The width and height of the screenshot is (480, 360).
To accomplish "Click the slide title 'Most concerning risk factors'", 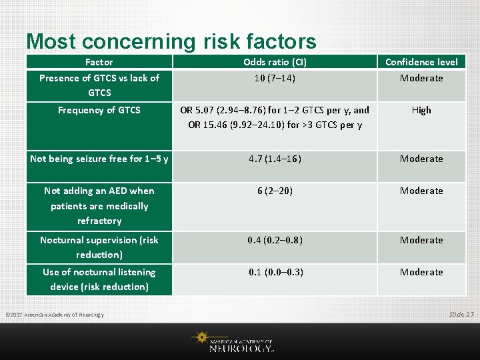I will (171, 41).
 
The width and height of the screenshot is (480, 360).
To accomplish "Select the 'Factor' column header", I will (99, 62).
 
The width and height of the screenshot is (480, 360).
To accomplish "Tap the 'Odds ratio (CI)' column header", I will (275, 62).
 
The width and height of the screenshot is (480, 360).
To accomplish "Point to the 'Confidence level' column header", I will (421, 62).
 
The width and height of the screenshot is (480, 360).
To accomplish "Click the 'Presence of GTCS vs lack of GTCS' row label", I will (99, 85).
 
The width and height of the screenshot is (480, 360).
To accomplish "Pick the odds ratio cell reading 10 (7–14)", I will (275, 78).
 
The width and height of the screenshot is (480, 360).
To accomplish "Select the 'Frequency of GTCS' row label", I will (99, 110).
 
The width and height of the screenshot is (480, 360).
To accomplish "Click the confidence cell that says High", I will (421, 110).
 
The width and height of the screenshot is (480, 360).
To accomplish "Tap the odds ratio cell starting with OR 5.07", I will (275, 117).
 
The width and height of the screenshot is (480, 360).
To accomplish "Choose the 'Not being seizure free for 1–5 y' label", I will (99, 159).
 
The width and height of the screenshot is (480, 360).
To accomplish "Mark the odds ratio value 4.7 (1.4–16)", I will (275, 159).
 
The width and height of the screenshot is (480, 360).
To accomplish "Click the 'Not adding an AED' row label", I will (99, 205).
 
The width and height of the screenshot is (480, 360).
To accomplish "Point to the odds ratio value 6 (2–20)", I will (275, 191).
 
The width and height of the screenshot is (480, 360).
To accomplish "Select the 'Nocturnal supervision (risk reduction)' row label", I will (99, 247).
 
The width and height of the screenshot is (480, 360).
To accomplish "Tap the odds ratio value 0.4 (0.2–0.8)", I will (275, 240).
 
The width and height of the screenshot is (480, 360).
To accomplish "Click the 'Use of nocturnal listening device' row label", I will (99, 279).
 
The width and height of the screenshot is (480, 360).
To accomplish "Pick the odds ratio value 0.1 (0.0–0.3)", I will (275, 272).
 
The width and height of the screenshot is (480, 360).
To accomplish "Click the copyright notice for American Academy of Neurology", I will (55, 315).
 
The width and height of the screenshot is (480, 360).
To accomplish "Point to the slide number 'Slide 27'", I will (461, 314).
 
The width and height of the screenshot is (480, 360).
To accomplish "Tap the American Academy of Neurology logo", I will (237, 342).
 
